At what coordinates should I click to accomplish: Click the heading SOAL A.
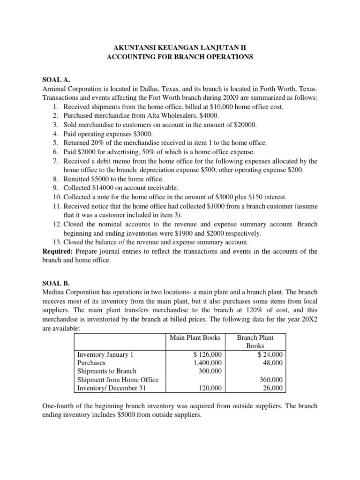click(x=58, y=79)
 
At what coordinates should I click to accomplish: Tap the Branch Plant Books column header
click(x=255, y=342)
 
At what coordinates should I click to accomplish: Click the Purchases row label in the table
click(x=91, y=363)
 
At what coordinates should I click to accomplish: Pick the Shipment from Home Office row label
click(x=118, y=380)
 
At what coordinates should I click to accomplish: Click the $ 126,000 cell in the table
click(x=206, y=354)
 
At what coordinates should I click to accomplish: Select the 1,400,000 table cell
click(x=205, y=363)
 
